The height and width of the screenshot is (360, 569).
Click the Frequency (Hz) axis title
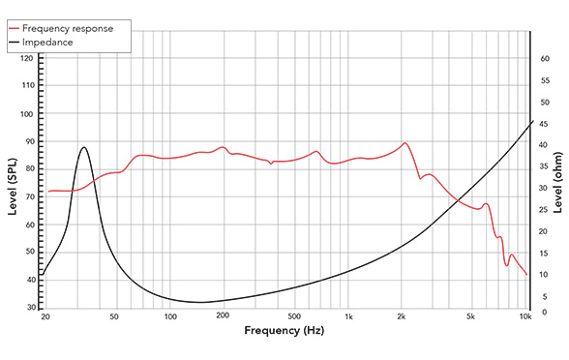click(x=284, y=331)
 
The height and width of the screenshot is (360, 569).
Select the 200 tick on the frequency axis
click(x=223, y=317)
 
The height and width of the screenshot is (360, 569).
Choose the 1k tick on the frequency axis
click(x=348, y=317)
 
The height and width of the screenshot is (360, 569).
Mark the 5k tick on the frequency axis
click(x=471, y=317)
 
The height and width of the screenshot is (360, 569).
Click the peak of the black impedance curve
click(x=84, y=147)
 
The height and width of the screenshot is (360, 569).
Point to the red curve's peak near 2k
click(x=404, y=143)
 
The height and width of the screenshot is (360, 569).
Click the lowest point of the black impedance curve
click(x=198, y=303)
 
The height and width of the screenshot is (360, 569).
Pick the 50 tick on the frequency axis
click(x=114, y=317)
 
